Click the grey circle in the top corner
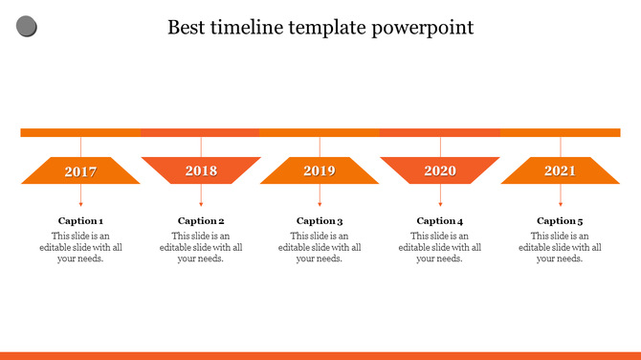(27, 27)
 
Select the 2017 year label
(80, 171)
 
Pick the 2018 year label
(201, 171)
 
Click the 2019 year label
(320, 171)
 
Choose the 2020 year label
(440, 171)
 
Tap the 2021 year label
(561, 171)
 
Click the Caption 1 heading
(80, 221)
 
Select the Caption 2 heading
(201, 221)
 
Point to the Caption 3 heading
(320, 221)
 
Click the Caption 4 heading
(440, 221)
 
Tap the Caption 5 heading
(561, 221)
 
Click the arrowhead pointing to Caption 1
(80, 204)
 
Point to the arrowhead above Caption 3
(320, 204)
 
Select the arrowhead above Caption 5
(561, 204)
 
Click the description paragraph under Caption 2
(201, 247)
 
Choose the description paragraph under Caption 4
(440, 247)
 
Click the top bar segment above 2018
(200, 133)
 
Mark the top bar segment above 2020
(440, 133)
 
